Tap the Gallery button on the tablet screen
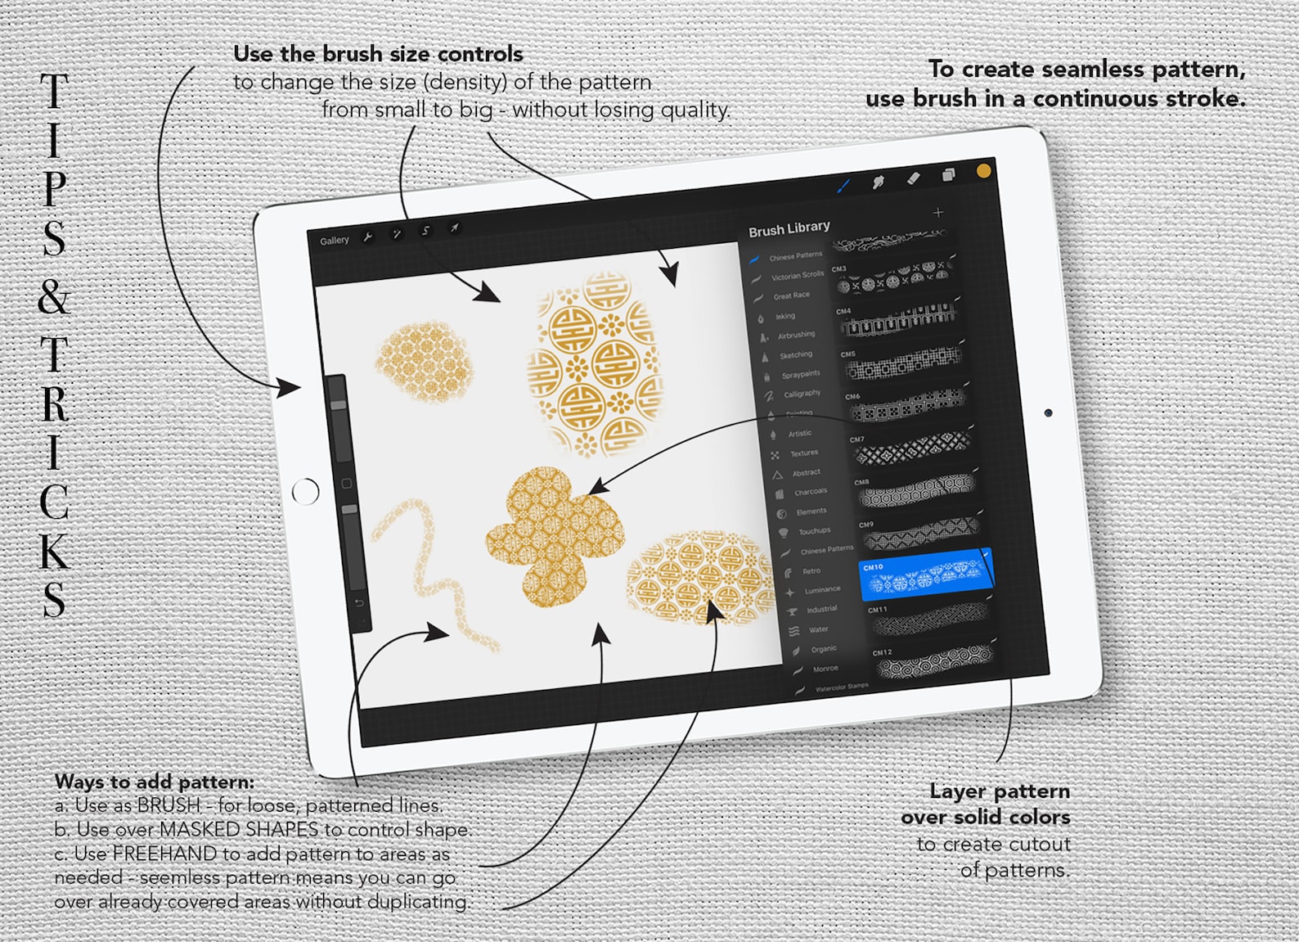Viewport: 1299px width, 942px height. point(334,241)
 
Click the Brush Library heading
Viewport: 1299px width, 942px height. point(789,228)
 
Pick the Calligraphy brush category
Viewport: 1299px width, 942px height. point(801,394)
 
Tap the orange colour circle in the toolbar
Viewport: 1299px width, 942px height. point(983,171)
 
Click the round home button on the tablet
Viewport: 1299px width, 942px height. point(305,492)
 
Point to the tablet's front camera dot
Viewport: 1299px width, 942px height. point(1048,413)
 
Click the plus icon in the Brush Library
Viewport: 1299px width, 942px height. point(937,213)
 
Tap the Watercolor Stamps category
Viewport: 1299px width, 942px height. point(841,687)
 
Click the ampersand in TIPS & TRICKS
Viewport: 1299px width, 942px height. point(54,296)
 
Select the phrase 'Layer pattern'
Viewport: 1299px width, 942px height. point(999,791)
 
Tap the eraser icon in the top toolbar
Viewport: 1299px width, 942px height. point(913,178)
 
